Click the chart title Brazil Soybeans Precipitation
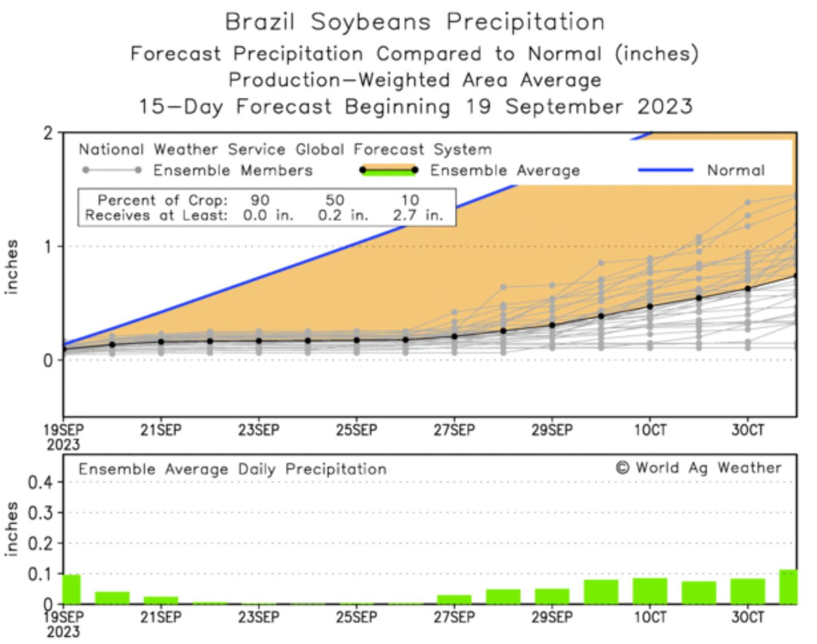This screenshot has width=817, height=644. [x=415, y=22]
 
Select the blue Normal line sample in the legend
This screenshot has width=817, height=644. [x=665, y=170]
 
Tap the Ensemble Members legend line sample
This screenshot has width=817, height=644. [x=112, y=170]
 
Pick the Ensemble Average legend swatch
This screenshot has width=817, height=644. [x=389, y=170]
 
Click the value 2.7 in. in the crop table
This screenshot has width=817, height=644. [x=418, y=215]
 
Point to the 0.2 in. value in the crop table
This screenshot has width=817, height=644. [x=343, y=215]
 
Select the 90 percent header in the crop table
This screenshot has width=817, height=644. [x=260, y=200]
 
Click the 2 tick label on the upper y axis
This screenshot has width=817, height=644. [x=49, y=133]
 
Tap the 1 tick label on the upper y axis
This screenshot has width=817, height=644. [x=49, y=247]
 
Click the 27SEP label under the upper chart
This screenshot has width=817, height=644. [x=454, y=430]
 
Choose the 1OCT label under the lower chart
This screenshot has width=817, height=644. [x=650, y=617]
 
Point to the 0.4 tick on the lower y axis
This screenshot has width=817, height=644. [x=41, y=482]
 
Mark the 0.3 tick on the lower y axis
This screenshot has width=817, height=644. [x=41, y=513]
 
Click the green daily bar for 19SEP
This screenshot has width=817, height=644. [x=72, y=589]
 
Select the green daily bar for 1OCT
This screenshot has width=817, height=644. [x=650, y=591]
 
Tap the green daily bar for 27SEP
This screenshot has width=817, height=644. [x=454, y=599]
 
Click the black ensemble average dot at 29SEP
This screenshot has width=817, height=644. [x=552, y=325]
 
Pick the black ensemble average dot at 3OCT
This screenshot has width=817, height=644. [x=748, y=288]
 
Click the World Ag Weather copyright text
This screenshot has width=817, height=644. [x=699, y=468]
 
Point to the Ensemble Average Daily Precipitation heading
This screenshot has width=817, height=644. [x=232, y=469]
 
